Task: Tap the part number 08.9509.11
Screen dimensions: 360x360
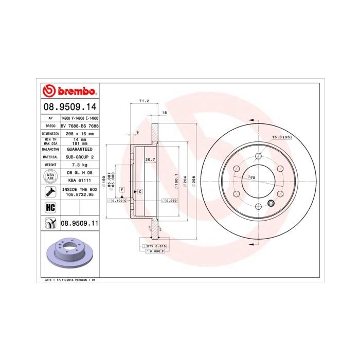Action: (x=79, y=223)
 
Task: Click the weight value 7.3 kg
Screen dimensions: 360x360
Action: (x=79, y=165)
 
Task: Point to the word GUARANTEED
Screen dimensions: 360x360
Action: (x=79, y=149)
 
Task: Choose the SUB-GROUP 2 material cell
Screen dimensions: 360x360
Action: (x=79, y=156)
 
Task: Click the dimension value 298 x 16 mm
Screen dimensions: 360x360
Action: (x=79, y=133)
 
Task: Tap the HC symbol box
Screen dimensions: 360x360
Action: (x=50, y=207)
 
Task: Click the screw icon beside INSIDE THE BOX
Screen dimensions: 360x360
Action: (x=50, y=192)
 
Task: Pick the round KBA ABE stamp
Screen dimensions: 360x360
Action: (x=50, y=177)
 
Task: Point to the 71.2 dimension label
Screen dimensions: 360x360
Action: (x=144, y=101)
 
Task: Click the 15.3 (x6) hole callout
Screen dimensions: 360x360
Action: (x=281, y=137)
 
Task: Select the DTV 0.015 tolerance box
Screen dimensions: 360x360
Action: (x=156, y=247)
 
